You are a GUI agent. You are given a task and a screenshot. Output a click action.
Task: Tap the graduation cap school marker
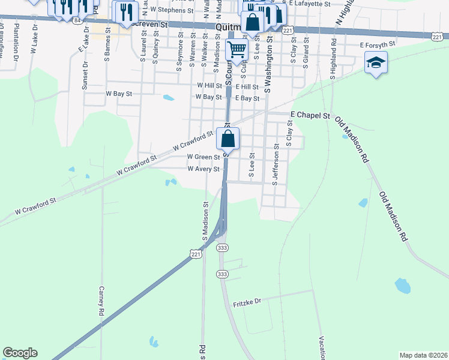point(376,62)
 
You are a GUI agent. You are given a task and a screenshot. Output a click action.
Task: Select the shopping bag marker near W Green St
point(228,139)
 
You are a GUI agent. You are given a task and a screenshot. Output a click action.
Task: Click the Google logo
point(20,353)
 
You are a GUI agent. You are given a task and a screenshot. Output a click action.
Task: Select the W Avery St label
point(203,169)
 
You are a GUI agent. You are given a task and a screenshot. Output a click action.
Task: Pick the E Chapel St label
point(310,115)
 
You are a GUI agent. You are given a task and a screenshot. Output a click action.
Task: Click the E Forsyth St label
point(378,44)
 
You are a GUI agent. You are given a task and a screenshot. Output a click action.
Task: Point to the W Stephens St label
point(172,10)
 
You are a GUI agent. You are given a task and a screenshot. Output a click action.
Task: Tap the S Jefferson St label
point(276,164)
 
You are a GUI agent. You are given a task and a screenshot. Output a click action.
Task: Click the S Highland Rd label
point(333,61)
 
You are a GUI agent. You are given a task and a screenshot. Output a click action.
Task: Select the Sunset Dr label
point(85,75)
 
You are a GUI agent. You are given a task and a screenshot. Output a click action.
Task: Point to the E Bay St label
point(247,98)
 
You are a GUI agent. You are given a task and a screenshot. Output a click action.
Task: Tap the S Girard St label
point(306,51)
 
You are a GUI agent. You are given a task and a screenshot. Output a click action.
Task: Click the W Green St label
point(203,157)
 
